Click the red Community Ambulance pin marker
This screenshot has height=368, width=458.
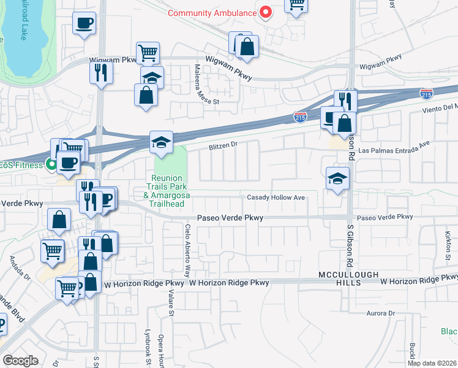click(266, 12)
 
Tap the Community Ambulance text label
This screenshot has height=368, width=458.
click(211, 12)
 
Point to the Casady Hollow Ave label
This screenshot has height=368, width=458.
click(276, 197)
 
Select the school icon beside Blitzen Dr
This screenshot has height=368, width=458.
click(161, 141)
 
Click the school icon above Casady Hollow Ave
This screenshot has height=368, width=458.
click(337, 178)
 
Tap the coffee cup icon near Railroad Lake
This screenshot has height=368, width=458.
click(84, 23)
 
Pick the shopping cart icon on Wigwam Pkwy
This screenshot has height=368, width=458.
click(148, 53)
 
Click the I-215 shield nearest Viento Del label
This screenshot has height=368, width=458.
click(426, 94)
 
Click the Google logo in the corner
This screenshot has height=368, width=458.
click(20, 361)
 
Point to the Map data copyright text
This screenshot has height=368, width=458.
click(432, 363)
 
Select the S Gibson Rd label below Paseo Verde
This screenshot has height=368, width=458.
click(350, 240)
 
